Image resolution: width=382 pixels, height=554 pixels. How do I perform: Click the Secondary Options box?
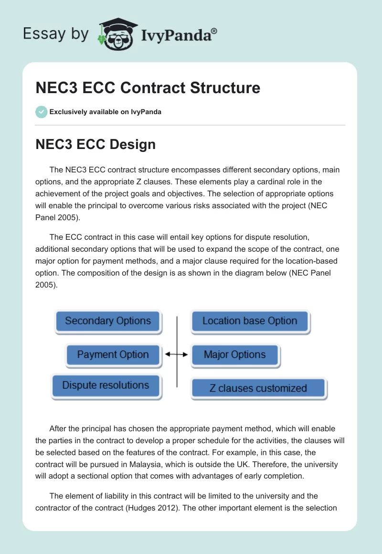(x=108, y=321)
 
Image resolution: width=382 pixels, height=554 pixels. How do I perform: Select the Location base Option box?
(x=250, y=321)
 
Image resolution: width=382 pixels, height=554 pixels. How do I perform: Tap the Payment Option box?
(x=113, y=355)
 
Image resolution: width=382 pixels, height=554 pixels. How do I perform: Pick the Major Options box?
(x=235, y=355)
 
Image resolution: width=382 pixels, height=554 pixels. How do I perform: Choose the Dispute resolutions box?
(x=106, y=385)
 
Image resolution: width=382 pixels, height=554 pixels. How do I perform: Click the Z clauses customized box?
(x=258, y=388)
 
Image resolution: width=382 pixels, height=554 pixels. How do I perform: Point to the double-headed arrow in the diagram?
(x=176, y=354)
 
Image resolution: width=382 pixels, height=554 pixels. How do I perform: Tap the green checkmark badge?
(x=41, y=112)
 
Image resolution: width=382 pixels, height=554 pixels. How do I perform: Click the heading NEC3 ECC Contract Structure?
(x=148, y=88)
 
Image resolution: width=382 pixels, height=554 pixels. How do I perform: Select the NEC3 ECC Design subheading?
(x=95, y=144)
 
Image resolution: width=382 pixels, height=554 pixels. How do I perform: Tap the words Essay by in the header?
(x=56, y=34)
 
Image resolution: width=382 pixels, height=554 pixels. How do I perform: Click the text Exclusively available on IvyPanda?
(x=105, y=112)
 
